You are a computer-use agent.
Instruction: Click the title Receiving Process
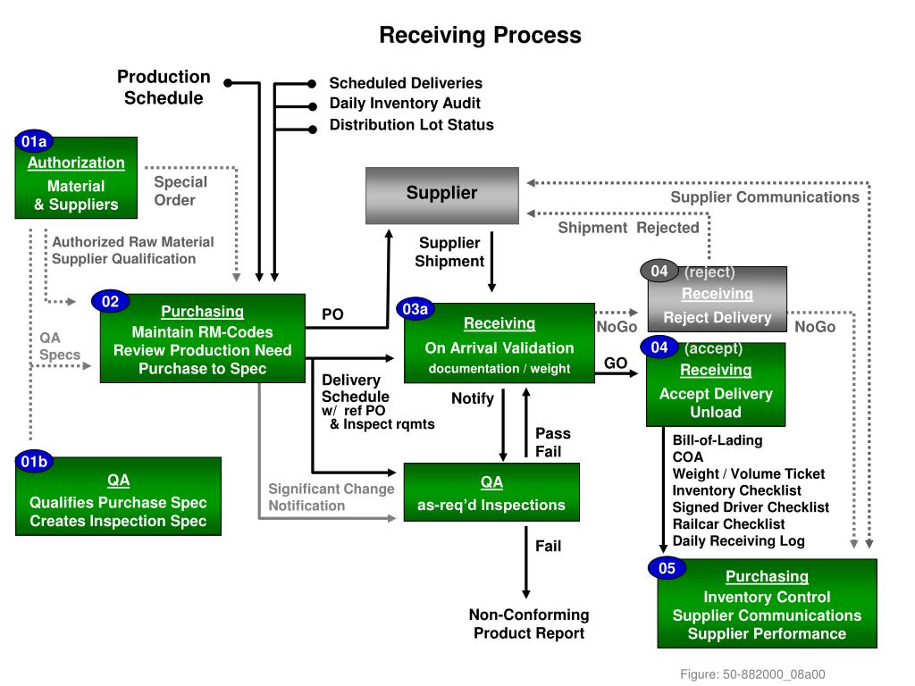coord(480,35)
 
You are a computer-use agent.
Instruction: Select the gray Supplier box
coord(441,195)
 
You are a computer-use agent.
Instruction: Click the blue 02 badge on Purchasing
coord(110,302)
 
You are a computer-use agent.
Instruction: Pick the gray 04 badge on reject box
coord(659,272)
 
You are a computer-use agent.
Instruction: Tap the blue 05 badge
coord(667,568)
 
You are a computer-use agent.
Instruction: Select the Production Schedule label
coord(164,88)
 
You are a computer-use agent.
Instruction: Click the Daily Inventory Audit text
coord(405,104)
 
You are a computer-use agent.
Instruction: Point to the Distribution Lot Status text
coord(411,125)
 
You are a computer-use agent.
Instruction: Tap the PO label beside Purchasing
coord(332,314)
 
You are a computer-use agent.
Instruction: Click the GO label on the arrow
coord(616,363)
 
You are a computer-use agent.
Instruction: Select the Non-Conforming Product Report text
coord(529,623)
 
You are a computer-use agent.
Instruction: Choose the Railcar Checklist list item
coord(728,524)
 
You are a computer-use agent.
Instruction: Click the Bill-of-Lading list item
coord(718,440)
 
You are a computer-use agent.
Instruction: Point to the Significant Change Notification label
coord(331,498)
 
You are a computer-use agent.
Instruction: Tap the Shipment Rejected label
coord(628,228)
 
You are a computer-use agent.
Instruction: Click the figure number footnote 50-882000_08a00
coord(752,674)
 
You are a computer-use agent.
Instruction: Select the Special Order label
coord(180,191)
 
